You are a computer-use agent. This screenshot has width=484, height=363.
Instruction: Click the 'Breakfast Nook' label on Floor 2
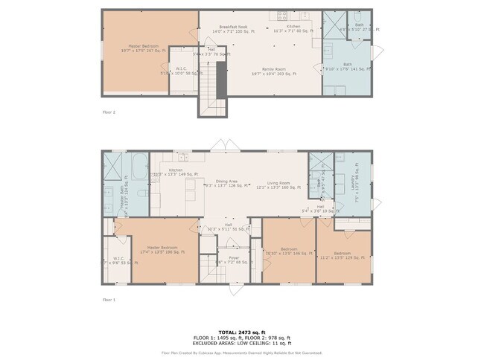pos(232,27)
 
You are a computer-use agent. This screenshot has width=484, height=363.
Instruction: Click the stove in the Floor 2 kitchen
pos(283,16)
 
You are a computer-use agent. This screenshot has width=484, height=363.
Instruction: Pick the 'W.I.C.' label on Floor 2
pos(180,70)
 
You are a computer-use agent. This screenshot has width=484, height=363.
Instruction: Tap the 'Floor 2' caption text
pos(109,112)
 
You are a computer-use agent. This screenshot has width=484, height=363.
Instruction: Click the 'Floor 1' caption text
pos(109,299)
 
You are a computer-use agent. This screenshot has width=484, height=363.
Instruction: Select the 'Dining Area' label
pos(226,182)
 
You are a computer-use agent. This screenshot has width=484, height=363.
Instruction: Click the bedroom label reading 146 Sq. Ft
pos(289,251)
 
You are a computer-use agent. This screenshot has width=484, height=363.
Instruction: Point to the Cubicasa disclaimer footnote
pos(242,353)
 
